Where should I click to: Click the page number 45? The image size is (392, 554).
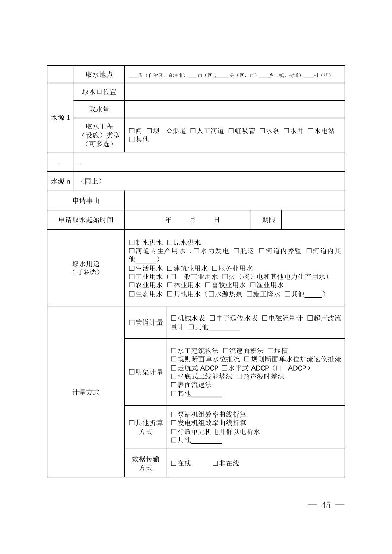click(326, 505)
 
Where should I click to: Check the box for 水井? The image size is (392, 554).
click(286, 131)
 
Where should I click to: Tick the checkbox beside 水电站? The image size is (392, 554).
click(310, 131)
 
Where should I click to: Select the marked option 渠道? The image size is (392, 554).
click(169, 131)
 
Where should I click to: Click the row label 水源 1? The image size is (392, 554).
click(61, 118)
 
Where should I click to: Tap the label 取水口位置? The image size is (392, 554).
click(99, 92)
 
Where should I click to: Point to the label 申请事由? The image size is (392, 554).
click(86, 201)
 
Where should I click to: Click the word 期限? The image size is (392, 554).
click(268, 220)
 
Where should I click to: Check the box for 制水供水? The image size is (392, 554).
click(132, 243)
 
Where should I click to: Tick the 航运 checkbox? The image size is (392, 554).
click(236, 251)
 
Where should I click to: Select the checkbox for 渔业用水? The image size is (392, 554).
click(252, 285)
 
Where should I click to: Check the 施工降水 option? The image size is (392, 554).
click(249, 294)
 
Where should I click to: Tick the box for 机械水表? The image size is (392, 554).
click(174, 318)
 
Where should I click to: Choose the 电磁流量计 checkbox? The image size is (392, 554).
click(265, 318)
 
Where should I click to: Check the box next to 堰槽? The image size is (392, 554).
click(271, 351)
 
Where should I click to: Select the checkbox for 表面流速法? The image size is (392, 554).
click(174, 385)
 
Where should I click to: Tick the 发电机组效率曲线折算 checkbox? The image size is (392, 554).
click(174, 423)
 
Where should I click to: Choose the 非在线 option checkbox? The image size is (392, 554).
click(215, 464)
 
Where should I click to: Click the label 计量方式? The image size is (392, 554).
click(86, 392)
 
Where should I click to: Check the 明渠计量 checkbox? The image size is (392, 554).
click(132, 372)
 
